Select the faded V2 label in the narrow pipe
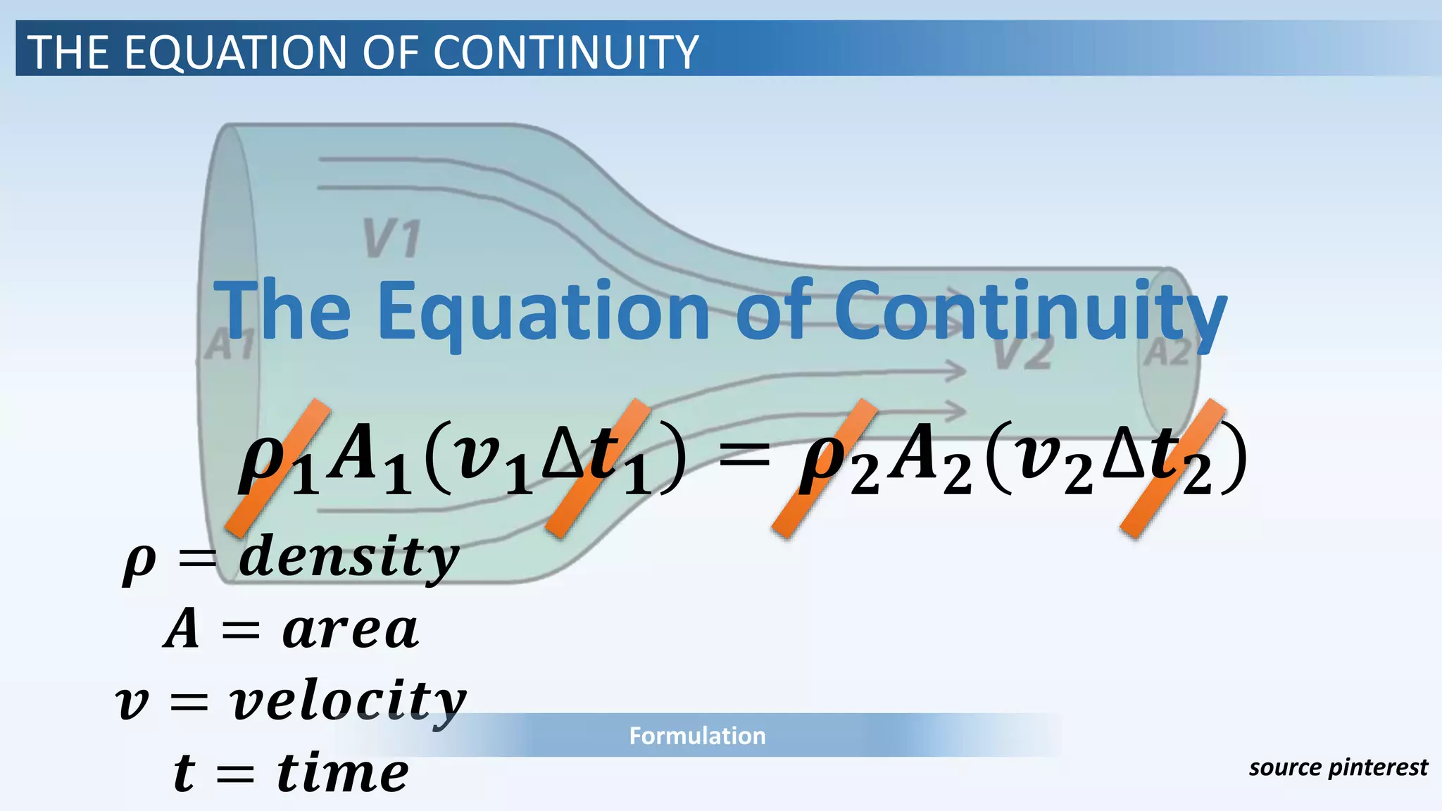click(x=1023, y=353)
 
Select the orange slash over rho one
click(x=277, y=468)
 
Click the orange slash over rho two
click(x=824, y=468)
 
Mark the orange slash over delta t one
click(x=597, y=468)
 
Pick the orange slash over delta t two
click(x=1172, y=468)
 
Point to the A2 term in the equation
click(x=928, y=461)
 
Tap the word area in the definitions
click(x=350, y=629)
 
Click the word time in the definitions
click(x=342, y=772)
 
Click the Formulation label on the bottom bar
click(x=697, y=736)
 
